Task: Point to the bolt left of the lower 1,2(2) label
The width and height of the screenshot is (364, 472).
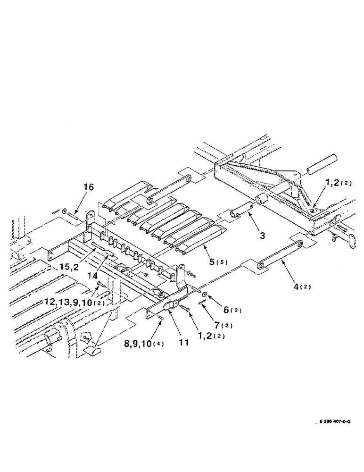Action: (x=184, y=307)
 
